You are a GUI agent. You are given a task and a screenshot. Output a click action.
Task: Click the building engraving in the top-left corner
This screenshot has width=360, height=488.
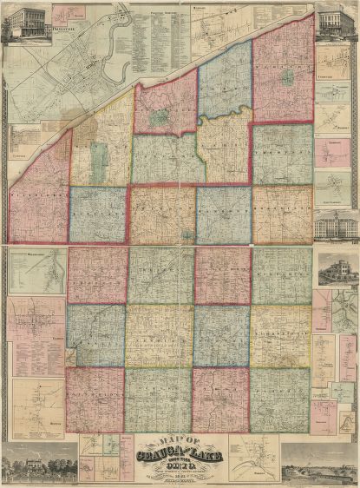coord(24,23)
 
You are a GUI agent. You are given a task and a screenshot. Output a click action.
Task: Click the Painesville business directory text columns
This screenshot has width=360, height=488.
coord(156,39)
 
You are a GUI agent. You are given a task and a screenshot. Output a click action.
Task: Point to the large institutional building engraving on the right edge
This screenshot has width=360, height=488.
coord(336,226)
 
